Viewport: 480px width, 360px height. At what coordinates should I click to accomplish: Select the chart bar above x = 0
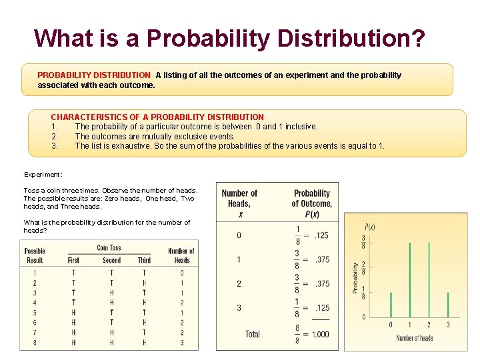point(391,305)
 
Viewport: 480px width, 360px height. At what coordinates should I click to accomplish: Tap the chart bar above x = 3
point(448,305)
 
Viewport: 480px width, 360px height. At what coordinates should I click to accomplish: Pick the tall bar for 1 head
point(409,280)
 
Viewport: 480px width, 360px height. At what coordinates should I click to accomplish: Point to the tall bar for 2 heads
point(429,280)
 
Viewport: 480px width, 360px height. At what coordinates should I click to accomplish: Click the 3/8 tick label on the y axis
point(363,241)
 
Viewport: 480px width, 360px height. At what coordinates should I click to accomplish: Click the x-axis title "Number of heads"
point(415,338)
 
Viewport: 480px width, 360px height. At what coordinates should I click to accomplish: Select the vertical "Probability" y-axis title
point(355,277)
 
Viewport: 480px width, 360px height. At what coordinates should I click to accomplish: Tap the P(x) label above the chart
point(369,227)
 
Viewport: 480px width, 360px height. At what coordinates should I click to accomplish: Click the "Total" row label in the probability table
point(252,334)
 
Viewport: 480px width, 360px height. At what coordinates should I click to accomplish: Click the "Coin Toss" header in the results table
point(109,248)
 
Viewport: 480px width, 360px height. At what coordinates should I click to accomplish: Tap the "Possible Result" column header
point(35,256)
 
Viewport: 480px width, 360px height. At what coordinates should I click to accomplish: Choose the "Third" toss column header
point(144,260)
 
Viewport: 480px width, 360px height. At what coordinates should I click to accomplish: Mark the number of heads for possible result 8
point(181,343)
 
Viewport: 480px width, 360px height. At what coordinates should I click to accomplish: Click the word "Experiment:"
point(43,175)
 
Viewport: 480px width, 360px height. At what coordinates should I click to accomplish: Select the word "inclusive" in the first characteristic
point(301,127)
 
